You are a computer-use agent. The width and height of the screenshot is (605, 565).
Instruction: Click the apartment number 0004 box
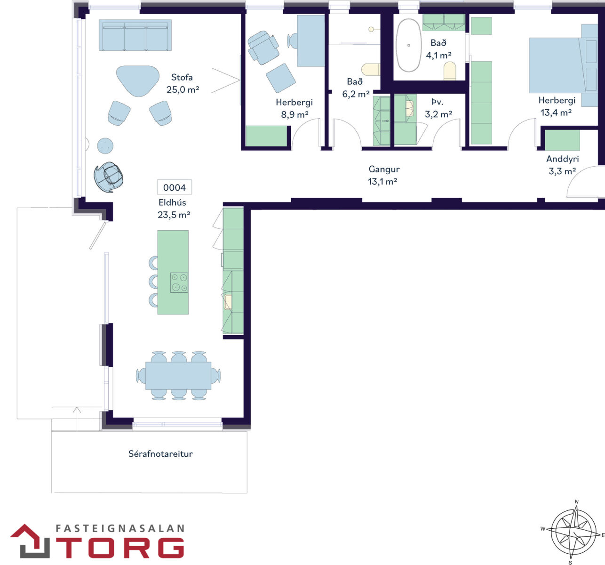[x=174, y=187]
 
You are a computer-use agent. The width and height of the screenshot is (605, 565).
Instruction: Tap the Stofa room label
[x=182, y=77]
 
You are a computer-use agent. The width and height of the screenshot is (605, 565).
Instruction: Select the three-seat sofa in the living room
[x=135, y=35]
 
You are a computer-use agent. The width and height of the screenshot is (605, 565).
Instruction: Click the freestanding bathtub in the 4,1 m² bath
[x=408, y=45]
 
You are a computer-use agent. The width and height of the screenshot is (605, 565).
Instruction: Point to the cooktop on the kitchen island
[x=179, y=282]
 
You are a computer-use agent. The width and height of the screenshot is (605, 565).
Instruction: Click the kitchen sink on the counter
[x=228, y=302]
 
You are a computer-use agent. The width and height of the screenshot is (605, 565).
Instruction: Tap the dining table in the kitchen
[x=178, y=375]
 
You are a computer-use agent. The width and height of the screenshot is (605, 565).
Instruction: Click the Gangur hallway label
[x=384, y=169]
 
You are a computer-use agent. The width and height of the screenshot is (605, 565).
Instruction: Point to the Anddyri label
[x=562, y=159]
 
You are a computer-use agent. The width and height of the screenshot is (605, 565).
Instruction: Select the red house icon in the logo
[x=30, y=541]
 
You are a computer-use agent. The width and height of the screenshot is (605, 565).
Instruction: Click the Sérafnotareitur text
[x=160, y=454]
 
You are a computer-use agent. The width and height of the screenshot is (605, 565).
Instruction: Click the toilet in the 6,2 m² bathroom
[x=371, y=70]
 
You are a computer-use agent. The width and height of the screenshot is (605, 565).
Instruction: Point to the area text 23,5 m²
[x=174, y=215]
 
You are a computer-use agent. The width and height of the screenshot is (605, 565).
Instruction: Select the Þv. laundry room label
[x=437, y=102]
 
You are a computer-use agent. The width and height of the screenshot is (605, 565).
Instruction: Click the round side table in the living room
[x=105, y=146]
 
